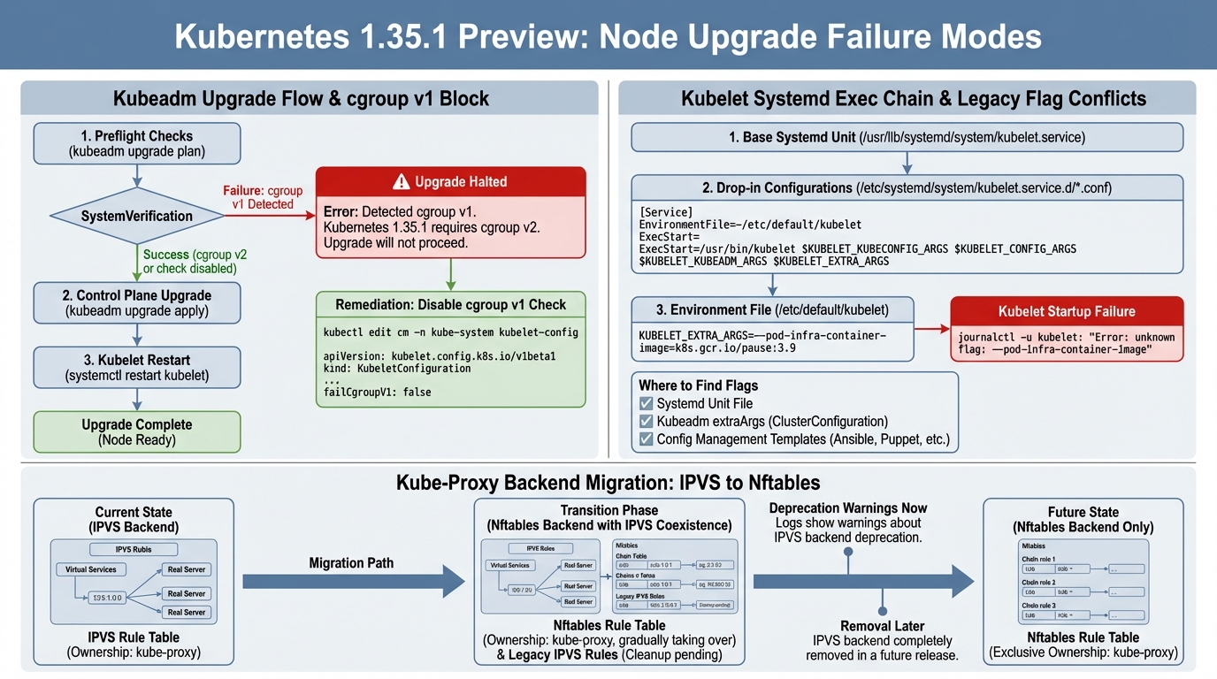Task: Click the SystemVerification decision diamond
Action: click(x=136, y=216)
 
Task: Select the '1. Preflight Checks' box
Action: click(x=136, y=143)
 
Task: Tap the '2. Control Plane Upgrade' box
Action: click(x=136, y=302)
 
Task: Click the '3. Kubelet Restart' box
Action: click(x=136, y=367)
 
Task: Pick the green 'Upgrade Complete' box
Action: click(x=136, y=431)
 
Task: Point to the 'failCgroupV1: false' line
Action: click(x=378, y=392)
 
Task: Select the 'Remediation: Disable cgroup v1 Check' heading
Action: click(x=450, y=304)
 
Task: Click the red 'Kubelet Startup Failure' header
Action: click(x=1066, y=311)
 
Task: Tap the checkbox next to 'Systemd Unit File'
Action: click(x=646, y=403)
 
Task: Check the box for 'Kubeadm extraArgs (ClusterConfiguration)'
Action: click(x=646, y=422)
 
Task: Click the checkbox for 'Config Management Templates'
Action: click(x=646, y=439)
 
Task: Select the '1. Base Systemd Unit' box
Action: click(x=907, y=137)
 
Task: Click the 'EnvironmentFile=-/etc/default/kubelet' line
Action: click(x=749, y=225)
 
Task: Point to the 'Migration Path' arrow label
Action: click(x=351, y=563)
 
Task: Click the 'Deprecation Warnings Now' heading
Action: click(x=847, y=507)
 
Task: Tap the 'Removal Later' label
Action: click(x=882, y=626)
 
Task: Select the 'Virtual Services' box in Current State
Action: click(x=91, y=569)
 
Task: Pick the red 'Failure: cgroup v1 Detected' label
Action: click(x=263, y=197)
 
